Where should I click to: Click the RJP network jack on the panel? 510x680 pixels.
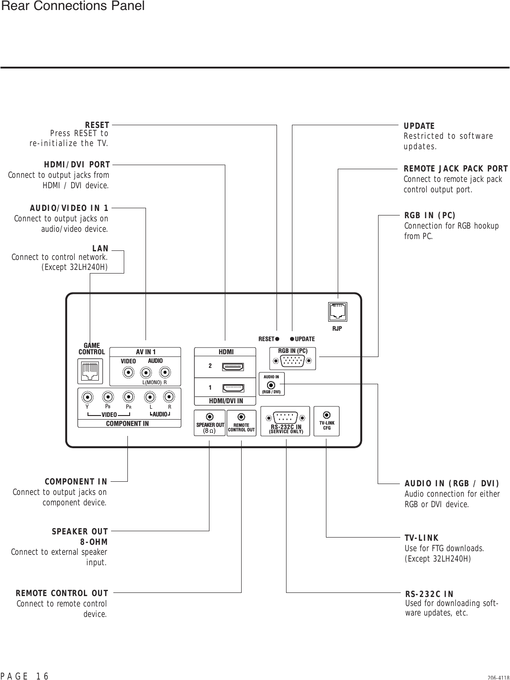click(x=337, y=311)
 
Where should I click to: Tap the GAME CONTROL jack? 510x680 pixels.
click(x=91, y=371)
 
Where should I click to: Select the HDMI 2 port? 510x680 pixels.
click(x=233, y=366)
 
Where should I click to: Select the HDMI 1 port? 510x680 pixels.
click(x=233, y=388)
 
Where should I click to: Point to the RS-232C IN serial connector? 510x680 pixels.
click(x=285, y=417)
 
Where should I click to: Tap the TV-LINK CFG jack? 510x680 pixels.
click(x=327, y=415)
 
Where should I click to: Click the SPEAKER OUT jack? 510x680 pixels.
click(x=210, y=416)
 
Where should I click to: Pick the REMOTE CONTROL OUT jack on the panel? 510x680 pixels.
click(x=242, y=416)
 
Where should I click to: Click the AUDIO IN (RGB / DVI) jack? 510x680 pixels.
click(x=272, y=385)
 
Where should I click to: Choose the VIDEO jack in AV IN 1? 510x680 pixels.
click(x=129, y=372)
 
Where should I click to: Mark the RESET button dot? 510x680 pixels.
click(x=277, y=339)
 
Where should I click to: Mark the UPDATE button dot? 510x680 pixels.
click(x=292, y=339)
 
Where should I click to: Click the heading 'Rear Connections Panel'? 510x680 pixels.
click(x=73, y=6)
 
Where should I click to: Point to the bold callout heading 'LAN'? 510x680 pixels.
click(x=100, y=249)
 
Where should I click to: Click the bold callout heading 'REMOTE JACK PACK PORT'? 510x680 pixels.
click(x=456, y=169)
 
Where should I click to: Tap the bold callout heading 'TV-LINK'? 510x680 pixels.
click(x=422, y=538)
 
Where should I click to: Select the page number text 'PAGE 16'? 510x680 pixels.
click(x=25, y=676)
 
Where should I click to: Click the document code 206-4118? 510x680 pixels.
click(x=498, y=677)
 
